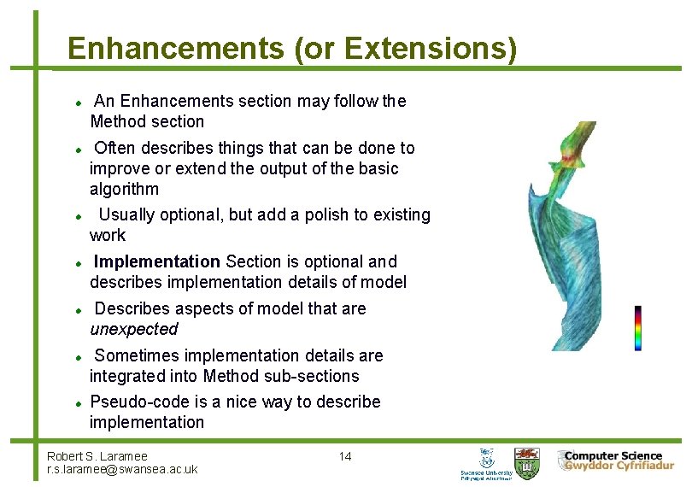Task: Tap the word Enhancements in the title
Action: [x=175, y=48]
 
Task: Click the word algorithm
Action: [x=124, y=189]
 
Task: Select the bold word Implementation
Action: [x=157, y=261]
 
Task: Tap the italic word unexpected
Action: [x=134, y=329]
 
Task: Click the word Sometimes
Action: [x=137, y=355]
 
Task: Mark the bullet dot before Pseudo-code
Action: [x=77, y=402]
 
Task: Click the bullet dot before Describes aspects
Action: [x=77, y=309]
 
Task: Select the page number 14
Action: [x=344, y=456]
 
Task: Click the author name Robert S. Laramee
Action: [x=97, y=456]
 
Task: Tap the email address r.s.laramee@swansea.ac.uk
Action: [x=122, y=469]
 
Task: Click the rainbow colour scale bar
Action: [x=637, y=328]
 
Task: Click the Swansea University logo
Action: [x=487, y=463]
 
